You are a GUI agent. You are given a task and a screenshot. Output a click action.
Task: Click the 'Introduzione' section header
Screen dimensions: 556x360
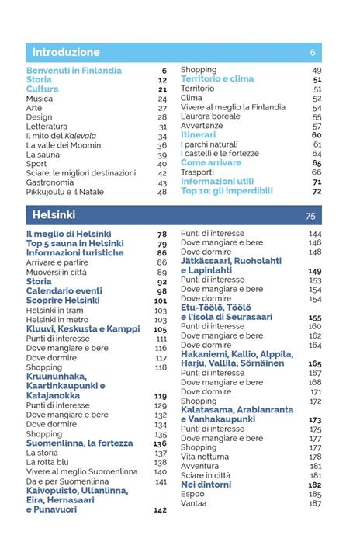(66, 53)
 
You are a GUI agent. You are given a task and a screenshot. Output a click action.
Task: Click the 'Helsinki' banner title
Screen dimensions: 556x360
(54, 215)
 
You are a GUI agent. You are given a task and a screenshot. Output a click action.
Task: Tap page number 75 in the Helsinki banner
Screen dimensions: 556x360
(310, 216)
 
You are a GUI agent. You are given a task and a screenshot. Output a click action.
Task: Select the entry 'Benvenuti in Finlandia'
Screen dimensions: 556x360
(74, 71)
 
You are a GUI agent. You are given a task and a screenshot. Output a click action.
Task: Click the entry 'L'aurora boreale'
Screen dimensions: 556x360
(210, 116)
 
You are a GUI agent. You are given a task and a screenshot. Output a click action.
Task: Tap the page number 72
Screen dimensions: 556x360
(317, 191)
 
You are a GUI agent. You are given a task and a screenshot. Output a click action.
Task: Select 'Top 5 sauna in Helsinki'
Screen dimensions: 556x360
(74, 244)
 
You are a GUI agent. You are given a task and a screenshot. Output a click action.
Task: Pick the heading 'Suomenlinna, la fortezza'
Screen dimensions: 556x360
(79, 443)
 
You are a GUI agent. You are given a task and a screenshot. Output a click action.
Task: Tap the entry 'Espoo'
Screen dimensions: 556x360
(193, 494)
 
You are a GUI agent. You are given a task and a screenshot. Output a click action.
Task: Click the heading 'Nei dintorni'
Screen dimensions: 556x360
(206, 485)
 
